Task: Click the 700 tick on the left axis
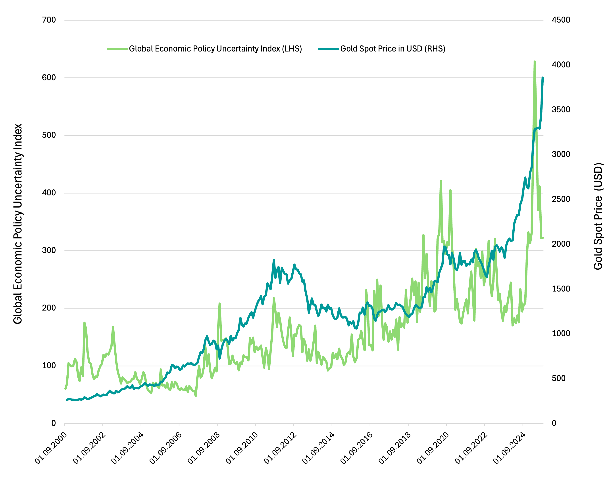click(49, 20)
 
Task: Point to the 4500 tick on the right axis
click(561, 20)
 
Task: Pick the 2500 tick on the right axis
click(561, 199)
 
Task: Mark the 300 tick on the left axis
click(49, 250)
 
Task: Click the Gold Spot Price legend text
click(393, 49)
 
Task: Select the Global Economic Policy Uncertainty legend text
click(215, 49)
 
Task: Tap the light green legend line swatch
click(117, 49)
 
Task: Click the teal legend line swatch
click(328, 49)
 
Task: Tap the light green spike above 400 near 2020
click(441, 181)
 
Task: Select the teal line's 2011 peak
click(274, 260)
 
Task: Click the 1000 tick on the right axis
click(561, 334)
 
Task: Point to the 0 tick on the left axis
click(54, 423)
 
